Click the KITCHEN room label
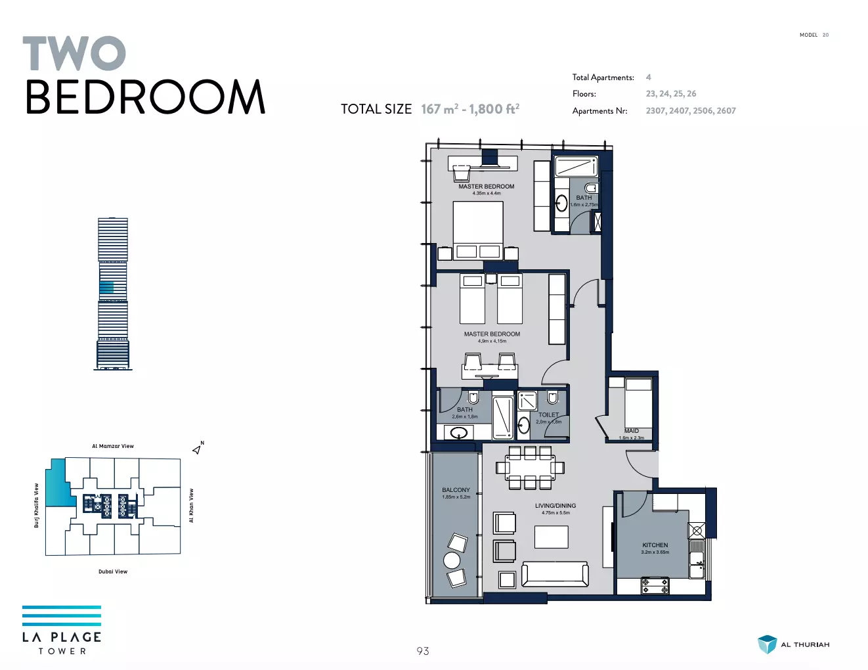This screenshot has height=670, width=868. (655, 545)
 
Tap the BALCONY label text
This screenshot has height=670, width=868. (456, 490)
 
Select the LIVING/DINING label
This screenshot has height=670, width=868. (555, 506)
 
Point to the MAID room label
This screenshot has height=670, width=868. (632, 431)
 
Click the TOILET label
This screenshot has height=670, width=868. (548, 414)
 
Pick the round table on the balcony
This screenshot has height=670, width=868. (452, 560)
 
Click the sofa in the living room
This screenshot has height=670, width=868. (555, 574)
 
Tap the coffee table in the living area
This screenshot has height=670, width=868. (552, 537)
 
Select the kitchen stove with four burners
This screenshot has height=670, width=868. (655, 585)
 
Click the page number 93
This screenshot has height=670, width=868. (423, 651)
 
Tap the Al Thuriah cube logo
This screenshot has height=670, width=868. (767, 644)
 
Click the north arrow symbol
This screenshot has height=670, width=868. (198, 449)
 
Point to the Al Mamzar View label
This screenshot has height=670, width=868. (113, 446)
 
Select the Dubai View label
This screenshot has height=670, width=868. (113, 571)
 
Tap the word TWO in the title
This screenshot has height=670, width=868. (74, 53)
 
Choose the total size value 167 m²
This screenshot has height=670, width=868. (439, 108)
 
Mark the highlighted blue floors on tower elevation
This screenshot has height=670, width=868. (106, 287)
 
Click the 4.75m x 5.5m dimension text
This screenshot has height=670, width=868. (555, 512)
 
